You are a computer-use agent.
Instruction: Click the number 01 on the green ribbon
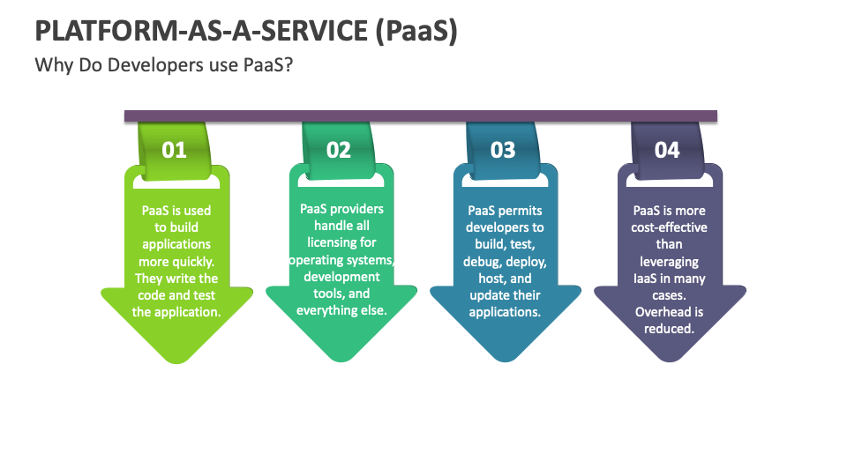pyautogui.click(x=175, y=150)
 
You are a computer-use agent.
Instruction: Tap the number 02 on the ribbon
pyautogui.click(x=339, y=150)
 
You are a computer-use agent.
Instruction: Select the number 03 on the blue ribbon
pyautogui.click(x=503, y=150)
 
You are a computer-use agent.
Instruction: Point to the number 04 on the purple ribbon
pyautogui.click(x=667, y=150)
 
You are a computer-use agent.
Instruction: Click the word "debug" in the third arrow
pyautogui.click(x=483, y=262)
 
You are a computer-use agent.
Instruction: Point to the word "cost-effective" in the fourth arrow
pyautogui.click(x=669, y=227)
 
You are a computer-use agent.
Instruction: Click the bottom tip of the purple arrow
pyautogui.click(x=669, y=361)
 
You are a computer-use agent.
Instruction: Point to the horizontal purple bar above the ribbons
pyautogui.click(x=420, y=115)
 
